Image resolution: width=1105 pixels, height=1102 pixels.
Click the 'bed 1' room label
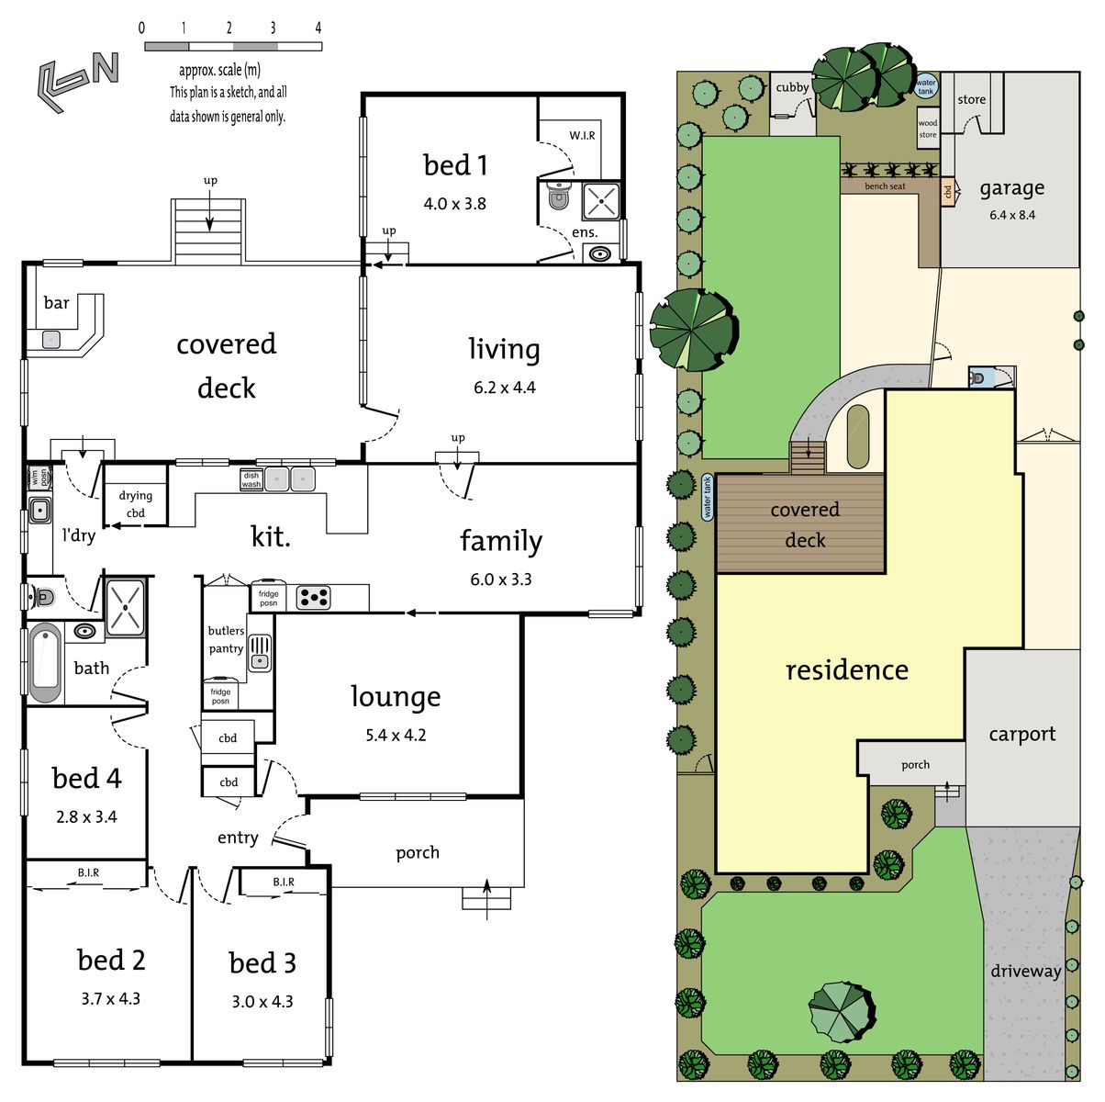[455, 165]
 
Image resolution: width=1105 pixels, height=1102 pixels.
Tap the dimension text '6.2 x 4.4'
[505, 388]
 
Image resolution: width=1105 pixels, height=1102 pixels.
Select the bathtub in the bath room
[45, 663]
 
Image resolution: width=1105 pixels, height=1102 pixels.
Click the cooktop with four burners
[313, 598]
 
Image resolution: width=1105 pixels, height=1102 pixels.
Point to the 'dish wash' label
[251, 479]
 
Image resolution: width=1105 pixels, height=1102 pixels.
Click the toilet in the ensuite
[558, 197]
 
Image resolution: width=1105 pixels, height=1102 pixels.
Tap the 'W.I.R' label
[582, 136]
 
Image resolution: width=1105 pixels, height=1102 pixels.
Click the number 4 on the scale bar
[318, 28]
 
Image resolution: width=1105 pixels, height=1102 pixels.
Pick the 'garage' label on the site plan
[1012, 188]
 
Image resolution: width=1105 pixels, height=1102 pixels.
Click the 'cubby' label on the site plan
[792, 87]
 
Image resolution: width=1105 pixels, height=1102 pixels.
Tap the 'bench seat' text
[886, 186]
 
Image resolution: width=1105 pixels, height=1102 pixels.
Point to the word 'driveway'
[1026, 972]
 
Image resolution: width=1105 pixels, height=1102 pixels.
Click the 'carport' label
[1021, 734]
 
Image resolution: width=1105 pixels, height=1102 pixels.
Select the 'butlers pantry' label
[226, 639]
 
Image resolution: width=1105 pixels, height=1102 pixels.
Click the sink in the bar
[51, 339]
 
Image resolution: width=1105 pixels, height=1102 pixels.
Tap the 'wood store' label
[928, 129]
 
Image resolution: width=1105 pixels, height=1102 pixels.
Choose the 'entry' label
[238, 838]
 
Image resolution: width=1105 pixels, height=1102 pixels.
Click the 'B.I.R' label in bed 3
[284, 882]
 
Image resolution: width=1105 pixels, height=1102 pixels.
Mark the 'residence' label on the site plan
[847, 670]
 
